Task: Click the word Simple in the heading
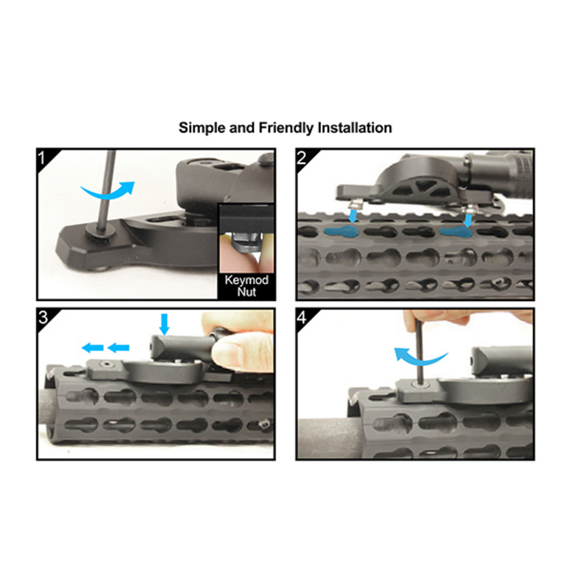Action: click(202, 128)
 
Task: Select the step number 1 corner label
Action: click(42, 158)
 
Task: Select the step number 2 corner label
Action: click(302, 158)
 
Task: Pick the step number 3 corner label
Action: click(43, 317)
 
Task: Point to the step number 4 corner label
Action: click(302, 317)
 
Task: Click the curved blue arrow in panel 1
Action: click(107, 191)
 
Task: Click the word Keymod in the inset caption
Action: click(246, 280)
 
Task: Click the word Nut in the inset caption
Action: click(246, 292)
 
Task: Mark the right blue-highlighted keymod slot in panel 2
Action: click(456, 232)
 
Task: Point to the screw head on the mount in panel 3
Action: click(107, 364)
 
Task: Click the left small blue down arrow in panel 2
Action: click(353, 216)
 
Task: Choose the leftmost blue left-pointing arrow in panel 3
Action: click(92, 347)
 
